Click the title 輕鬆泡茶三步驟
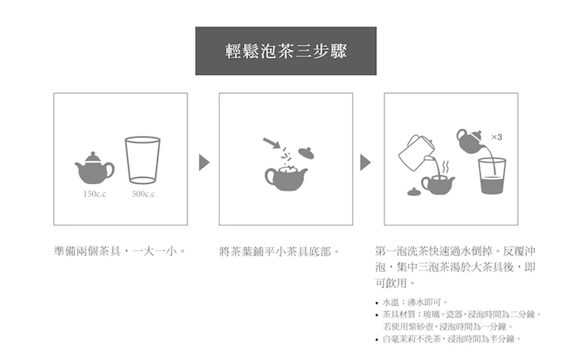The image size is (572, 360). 286,50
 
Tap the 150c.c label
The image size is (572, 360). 95,194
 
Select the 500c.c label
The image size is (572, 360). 143,194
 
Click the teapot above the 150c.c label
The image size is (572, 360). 95,168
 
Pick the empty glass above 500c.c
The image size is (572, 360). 143,159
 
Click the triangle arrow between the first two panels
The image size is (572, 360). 204,162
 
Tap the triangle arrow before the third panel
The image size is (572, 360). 365,162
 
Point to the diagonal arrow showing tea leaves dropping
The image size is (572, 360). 271,143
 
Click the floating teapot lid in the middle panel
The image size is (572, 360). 306,153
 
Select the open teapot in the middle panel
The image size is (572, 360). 286,178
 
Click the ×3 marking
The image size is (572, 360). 496,137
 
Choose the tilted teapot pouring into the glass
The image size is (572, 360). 470,141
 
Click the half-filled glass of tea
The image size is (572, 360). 492,176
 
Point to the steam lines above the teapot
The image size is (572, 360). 445,168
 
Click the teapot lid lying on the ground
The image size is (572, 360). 413,192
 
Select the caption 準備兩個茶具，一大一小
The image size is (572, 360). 120,251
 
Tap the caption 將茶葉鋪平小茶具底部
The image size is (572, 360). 279,251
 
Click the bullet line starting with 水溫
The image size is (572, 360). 412,302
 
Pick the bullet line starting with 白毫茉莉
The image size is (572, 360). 448,339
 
